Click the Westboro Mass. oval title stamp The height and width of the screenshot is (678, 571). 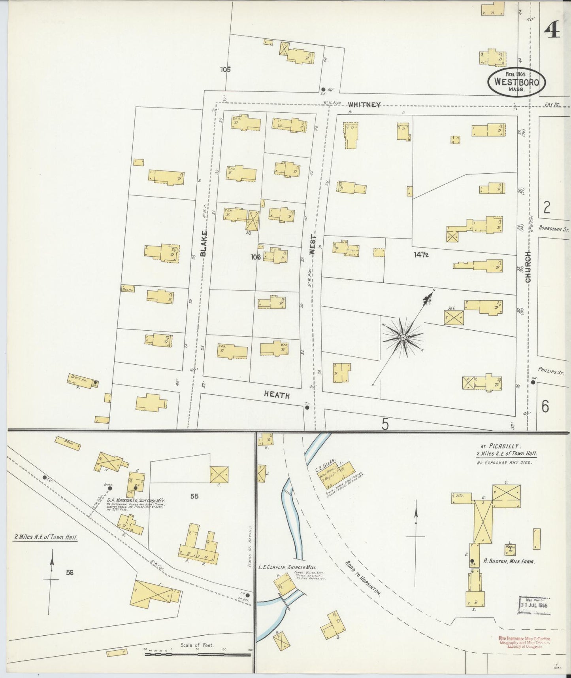coord(517,82)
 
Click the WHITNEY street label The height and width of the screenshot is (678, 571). coord(364,105)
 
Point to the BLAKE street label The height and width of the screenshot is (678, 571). coord(204,243)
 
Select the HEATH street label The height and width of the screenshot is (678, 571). coord(277,395)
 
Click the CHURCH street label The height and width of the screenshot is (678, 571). coord(528,267)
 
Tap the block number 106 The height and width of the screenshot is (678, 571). coord(256,257)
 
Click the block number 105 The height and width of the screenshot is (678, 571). coord(226,70)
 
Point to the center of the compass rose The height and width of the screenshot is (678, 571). coord(403,337)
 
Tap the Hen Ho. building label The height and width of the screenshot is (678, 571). coord(128,290)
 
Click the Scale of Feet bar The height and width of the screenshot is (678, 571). coord(198,655)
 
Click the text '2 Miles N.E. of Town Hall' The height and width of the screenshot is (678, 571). coord(45,538)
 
